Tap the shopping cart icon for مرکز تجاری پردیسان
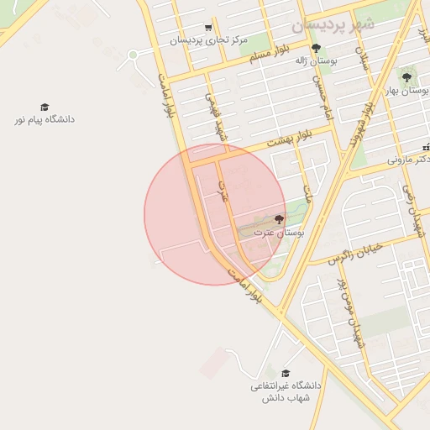tap(208, 28)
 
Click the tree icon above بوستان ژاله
tap(316, 48)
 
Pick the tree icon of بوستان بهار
tap(407, 77)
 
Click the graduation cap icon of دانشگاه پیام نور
tap(45, 107)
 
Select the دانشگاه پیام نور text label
tap(45, 119)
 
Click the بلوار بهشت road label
tap(290, 139)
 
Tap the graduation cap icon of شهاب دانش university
tap(286, 374)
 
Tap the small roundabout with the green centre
tap(132, 55)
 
